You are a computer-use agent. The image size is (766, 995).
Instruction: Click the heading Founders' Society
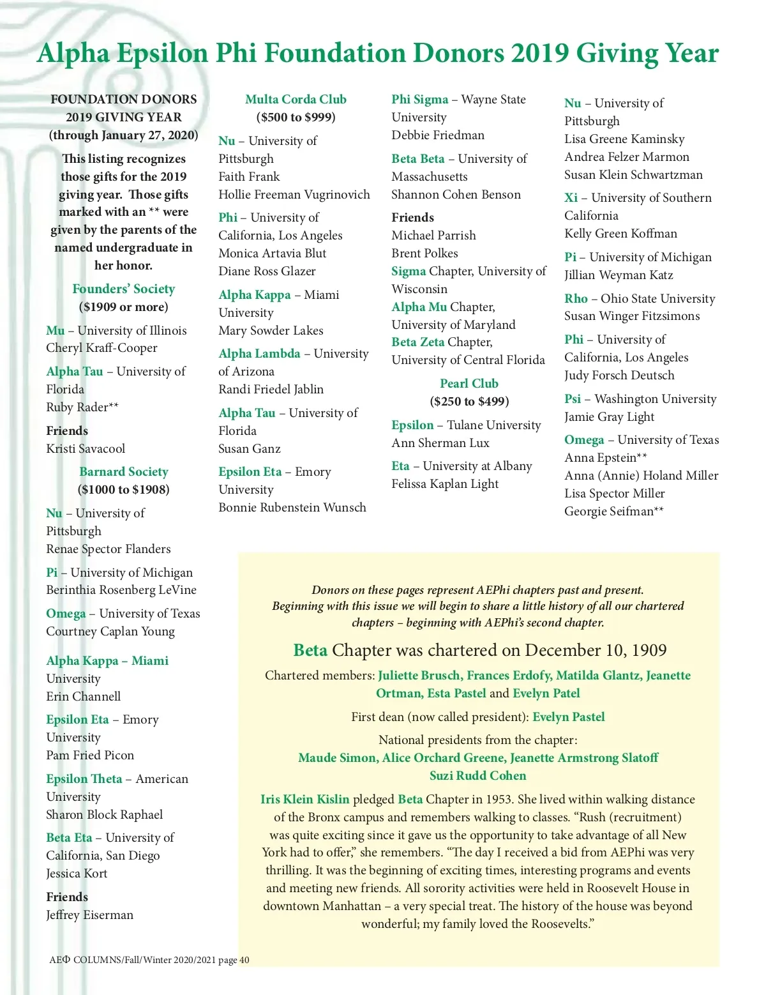pyautogui.click(x=123, y=289)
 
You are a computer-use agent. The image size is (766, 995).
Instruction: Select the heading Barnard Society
pyautogui.click(x=123, y=472)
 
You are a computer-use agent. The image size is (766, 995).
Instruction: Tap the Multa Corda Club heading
pyautogui.click(x=296, y=100)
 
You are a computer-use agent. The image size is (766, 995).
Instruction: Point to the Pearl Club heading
pyautogui.click(x=469, y=384)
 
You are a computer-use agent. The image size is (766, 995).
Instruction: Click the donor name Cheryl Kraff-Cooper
pyautogui.click(x=101, y=348)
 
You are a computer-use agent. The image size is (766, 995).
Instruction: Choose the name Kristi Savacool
pyautogui.click(x=86, y=449)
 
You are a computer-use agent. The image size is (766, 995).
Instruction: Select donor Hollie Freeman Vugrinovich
pyautogui.click(x=294, y=195)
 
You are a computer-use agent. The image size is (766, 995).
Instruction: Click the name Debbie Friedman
pyautogui.click(x=437, y=135)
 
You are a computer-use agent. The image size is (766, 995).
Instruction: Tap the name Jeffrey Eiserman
pyautogui.click(x=89, y=915)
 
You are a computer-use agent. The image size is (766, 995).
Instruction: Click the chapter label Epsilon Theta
pyautogui.click(x=84, y=779)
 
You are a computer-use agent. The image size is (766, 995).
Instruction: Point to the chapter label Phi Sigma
pyautogui.click(x=419, y=100)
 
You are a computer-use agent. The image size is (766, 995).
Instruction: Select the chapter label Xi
pyautogui.click(x=571, y=198)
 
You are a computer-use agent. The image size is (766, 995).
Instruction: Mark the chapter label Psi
pyautogui.click(x=573, y=399)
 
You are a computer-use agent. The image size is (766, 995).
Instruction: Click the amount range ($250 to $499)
pyautogui.click(x=469, y=402)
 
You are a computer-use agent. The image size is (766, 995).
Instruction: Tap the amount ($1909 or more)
pyautogui.click(x=123, y=307)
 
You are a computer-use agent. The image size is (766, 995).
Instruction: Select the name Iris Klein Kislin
pyautogui.click(x=304, y=800)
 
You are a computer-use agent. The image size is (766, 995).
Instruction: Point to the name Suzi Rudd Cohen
pyautogui.click(x=477, y=776)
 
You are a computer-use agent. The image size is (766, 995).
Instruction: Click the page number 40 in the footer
pyautogui.click(x=244, y=960)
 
